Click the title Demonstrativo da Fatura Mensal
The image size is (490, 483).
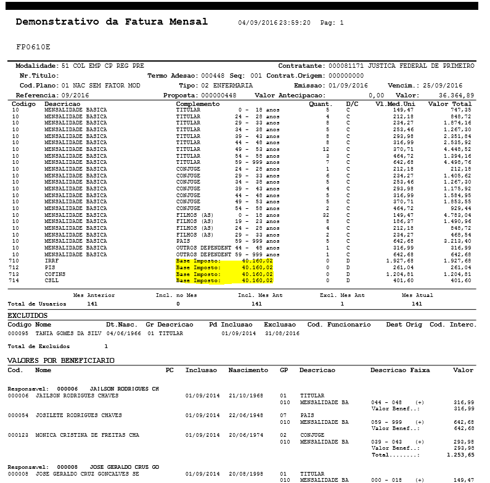(x=112, y=22)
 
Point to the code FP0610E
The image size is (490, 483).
(x=33, y=46)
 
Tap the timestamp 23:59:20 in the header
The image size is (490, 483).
(x=294, y=23)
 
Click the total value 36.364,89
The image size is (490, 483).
(x=456, y=95)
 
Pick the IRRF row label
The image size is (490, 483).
(x=52, y=261)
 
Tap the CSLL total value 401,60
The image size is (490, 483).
(x=460, y=280)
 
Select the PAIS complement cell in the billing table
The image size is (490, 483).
(x=183, y=241)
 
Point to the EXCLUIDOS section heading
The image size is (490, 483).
(x=27, y=315)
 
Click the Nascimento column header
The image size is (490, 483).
(x=248, y=370)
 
